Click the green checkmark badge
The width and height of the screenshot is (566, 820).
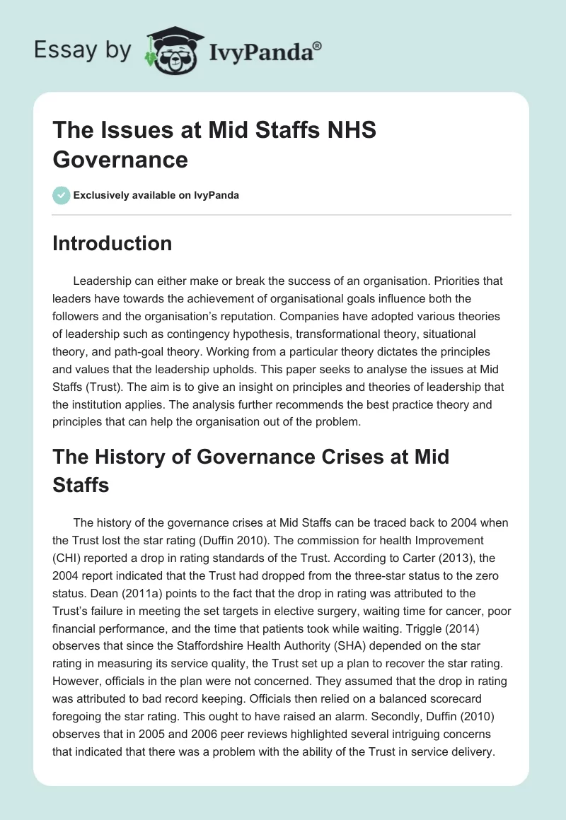(x=62, y=195)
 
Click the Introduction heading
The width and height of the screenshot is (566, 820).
(x=112, y=243)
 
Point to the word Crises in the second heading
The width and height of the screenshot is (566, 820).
(x=312, y=456)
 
